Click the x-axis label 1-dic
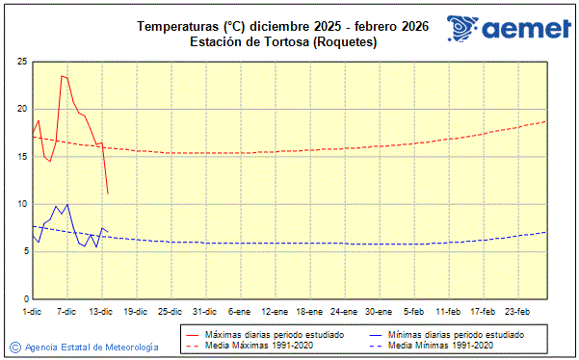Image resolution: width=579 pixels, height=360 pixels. pos(33,311)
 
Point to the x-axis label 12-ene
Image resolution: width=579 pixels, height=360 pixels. pos(275,311)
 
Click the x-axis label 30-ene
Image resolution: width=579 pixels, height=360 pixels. pos(379,311)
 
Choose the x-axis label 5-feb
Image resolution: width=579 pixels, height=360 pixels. pos(414,311)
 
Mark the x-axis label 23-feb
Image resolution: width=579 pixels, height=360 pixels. pos(518,311)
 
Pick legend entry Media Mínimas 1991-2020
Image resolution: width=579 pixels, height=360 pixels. pos(444,345)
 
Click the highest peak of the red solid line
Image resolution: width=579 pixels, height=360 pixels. pos(62,76)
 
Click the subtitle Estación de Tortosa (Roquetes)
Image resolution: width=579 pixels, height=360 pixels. pos(283,42)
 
